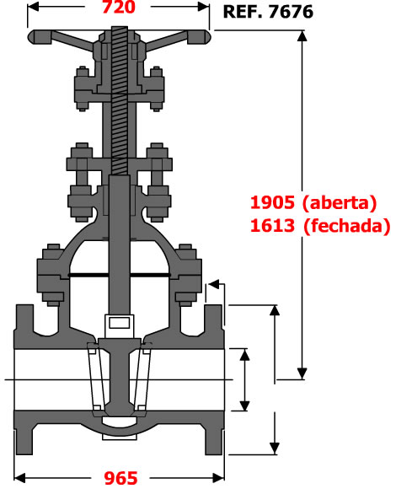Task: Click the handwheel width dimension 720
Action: (x=119, y=7)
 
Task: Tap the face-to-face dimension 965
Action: (x=121, y=478)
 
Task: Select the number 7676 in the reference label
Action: (x=291, y=12)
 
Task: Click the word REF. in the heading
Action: (x=243, y=12)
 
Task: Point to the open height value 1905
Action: (x=272, y=202)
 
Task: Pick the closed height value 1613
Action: (x=272, y=226)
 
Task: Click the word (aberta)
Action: (x=340, y=203)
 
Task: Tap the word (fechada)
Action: (x=347, y=226)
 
